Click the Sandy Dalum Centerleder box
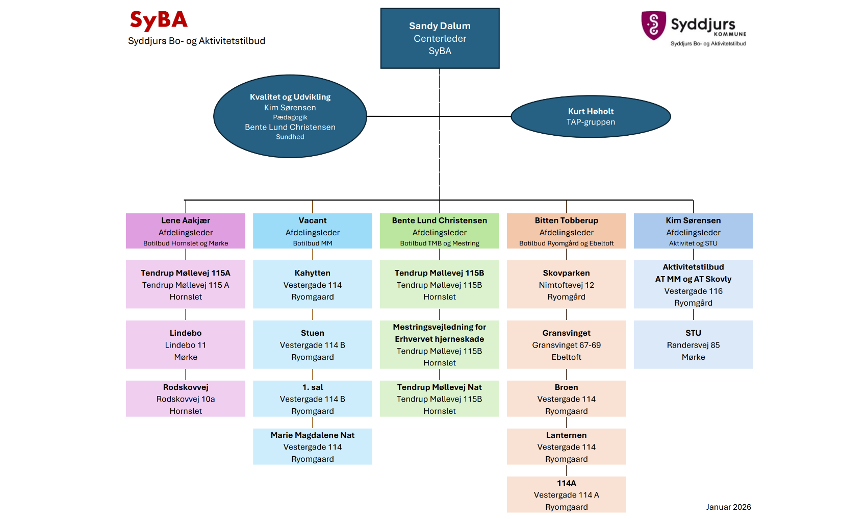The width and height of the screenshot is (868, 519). point(440,38)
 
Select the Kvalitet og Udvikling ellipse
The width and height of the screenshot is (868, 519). point(290,116)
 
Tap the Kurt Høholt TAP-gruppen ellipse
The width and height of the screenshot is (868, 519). point(591,116)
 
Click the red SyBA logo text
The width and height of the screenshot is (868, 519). point(159,20)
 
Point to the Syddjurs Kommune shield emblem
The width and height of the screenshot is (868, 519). point(653,25)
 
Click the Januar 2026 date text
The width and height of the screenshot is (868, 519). point(728,507)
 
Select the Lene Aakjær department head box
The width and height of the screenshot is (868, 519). point(186,231)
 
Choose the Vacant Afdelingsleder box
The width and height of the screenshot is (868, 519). point(313,231)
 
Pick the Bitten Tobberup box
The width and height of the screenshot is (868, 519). point(566,231)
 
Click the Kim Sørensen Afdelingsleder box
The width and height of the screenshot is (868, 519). point(693,231)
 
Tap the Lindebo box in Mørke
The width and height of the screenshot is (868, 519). point(186,344)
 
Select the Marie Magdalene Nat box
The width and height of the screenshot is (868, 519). point(313,447)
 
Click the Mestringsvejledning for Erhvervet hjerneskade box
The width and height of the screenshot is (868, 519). point(439,344)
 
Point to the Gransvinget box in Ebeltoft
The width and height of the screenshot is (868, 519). point(566,344)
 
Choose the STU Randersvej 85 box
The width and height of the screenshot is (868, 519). point(693,344)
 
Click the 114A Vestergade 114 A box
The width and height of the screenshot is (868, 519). point(566,495)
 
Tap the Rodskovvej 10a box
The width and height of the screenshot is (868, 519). point(186,399)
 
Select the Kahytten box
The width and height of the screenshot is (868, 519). point(313,284)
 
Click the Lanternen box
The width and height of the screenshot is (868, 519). point(566,447)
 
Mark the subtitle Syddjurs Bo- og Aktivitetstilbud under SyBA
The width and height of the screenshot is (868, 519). point(196,41)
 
